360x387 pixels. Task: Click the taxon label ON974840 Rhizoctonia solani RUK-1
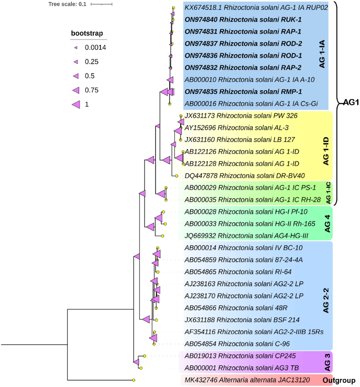point(243,19)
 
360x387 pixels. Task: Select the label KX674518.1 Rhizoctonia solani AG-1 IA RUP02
point(256,7)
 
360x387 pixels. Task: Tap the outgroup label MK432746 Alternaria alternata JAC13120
point(247,380)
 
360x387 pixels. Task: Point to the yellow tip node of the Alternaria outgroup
point(133,380)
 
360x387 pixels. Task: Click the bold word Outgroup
point(339,380)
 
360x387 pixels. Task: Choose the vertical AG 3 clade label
point(327,362)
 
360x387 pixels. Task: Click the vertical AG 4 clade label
point(327,223)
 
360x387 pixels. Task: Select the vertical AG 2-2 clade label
point(326,301)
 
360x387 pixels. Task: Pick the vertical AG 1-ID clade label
point(326,151)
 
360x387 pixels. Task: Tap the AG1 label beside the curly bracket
point(351,102)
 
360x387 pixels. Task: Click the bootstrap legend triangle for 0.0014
point(76,47)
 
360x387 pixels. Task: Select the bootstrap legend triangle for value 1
point(76,104)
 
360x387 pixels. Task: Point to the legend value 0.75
point(91,90)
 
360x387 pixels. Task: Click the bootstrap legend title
point(87,33)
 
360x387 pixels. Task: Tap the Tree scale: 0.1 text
point(67,4)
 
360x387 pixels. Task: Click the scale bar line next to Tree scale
point(101,4)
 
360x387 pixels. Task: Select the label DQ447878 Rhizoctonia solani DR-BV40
point(244,176)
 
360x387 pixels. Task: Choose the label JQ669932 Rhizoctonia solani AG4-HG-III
point(246,236)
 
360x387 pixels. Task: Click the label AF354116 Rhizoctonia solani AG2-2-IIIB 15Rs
point(254,332)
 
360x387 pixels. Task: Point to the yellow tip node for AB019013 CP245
point(144,356)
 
